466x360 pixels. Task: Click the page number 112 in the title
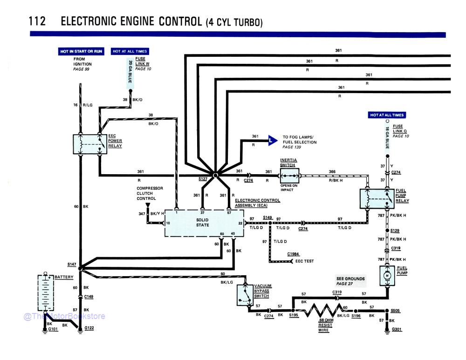37,22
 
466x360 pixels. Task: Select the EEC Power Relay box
90,144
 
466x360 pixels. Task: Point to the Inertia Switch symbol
290,176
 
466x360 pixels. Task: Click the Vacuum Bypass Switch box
244,295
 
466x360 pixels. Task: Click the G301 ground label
397,330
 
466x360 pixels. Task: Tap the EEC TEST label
305,261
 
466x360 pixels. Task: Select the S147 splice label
71,264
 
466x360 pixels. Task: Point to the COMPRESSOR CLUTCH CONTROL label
149,193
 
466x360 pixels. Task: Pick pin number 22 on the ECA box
240,223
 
